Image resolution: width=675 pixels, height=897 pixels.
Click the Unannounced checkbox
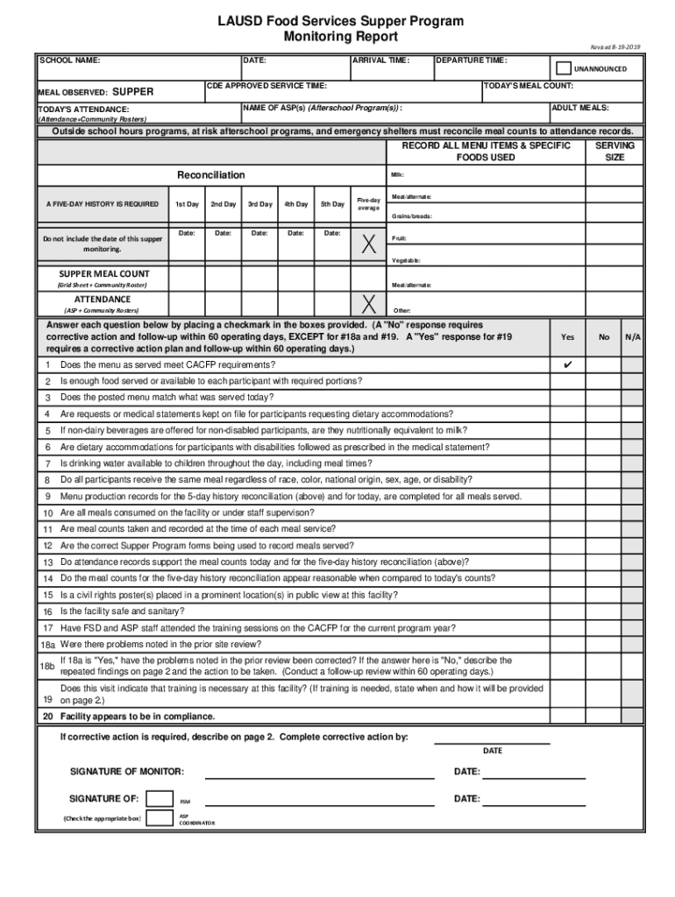564,69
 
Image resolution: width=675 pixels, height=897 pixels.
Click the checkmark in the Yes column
567,364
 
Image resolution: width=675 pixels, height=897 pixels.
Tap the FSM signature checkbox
160,798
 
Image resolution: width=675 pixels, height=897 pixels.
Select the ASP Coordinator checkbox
160,818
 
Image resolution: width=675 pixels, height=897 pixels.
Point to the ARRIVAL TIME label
380,61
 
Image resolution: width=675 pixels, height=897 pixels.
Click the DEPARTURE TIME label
471,61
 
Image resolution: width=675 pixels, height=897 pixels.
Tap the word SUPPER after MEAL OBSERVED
133,91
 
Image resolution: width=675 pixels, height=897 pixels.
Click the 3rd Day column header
259,204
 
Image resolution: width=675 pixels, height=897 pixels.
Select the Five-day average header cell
369,204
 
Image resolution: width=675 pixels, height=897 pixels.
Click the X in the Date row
369,246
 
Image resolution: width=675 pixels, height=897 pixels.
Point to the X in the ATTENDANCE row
369,303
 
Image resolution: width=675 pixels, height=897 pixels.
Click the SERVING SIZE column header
615,151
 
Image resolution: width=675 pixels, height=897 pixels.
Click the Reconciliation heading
211,175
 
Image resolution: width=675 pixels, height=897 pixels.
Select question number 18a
47,643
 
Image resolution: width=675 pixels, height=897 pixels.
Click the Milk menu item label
397,174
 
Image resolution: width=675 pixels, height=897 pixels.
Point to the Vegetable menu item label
406,260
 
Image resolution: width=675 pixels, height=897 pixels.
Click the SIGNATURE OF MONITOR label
127,772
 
